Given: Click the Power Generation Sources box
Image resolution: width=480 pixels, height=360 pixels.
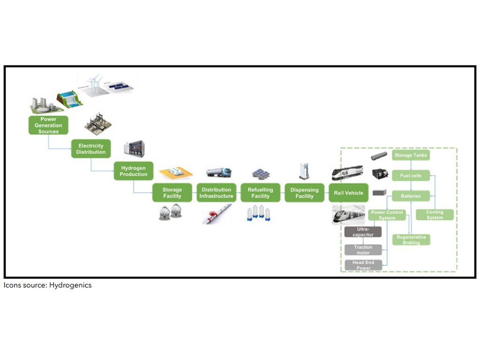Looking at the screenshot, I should (x=48, y=125).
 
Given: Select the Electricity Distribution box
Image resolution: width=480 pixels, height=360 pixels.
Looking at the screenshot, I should (x=91, y=149).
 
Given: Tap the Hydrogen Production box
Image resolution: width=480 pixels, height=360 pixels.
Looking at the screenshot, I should (x=133, y=171).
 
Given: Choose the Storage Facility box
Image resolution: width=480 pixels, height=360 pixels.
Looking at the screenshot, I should (x=172, y=193).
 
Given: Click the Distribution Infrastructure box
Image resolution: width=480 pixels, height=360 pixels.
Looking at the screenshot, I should (x=216, y=193).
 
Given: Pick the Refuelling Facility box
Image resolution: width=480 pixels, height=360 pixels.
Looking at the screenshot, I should (x=260, y=193).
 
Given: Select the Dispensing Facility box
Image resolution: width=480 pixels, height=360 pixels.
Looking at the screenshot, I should (x=304, y=193).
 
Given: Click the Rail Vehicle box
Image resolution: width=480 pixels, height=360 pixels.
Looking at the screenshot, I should (x=348, y=193).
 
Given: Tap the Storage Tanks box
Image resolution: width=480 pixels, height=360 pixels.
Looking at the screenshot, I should (x=410, y=155).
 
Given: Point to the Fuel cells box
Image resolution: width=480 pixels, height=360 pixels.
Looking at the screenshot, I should (x=411, y=176).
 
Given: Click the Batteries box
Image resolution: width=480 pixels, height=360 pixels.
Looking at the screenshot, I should (x=411, y=196).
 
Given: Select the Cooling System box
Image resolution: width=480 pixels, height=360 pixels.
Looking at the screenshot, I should (x=435, y=215).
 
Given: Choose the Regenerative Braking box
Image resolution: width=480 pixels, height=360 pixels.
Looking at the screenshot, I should (x=411, y=240).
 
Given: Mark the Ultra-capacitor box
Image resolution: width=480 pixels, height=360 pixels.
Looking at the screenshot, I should (x=363, y=232).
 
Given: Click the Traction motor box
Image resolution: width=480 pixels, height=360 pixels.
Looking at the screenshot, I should (x=363, y=250).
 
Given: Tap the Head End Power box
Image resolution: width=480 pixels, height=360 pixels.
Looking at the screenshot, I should (x=363, y=265).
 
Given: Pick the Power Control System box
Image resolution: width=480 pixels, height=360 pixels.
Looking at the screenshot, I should (x=387, y=215).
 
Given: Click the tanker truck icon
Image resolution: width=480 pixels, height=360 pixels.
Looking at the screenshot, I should (x=218, y=172).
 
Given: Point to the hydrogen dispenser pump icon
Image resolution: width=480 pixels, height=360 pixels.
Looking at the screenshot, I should (x=304, y=171).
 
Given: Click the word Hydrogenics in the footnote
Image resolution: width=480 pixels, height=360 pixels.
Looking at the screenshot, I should (x=70, y=285).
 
